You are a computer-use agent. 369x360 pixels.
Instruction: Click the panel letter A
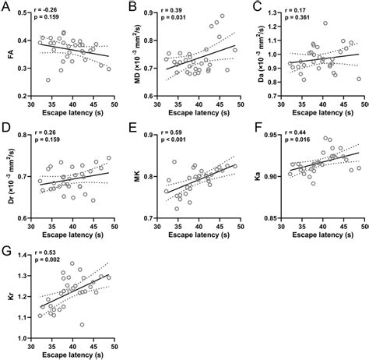point(6,7)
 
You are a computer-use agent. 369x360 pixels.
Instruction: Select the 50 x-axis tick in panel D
point(115,226)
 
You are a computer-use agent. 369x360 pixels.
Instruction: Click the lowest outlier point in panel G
point(83,325)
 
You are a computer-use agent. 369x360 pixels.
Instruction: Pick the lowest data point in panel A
point(48,80)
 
